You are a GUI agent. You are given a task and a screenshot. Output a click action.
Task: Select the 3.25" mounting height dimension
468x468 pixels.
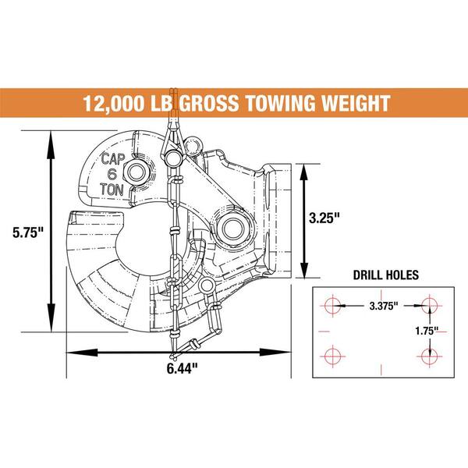[x=325, y=219]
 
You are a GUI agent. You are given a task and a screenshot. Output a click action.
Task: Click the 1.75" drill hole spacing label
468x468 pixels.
[x=426, y=330]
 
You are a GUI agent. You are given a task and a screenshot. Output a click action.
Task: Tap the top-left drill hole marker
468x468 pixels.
[x=331, y=305]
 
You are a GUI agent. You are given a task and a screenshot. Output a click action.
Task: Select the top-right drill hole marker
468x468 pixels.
[x=427, y=305]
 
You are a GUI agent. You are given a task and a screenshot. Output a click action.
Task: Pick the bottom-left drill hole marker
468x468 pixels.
[x=331, y=356]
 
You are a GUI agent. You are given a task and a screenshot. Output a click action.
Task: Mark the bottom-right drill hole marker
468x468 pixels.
[x=427, y=356]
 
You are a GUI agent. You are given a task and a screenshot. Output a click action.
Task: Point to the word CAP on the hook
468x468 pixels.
[x=113, y=158]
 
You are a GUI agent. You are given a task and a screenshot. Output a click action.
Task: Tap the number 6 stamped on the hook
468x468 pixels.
[x=113, y=173]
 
